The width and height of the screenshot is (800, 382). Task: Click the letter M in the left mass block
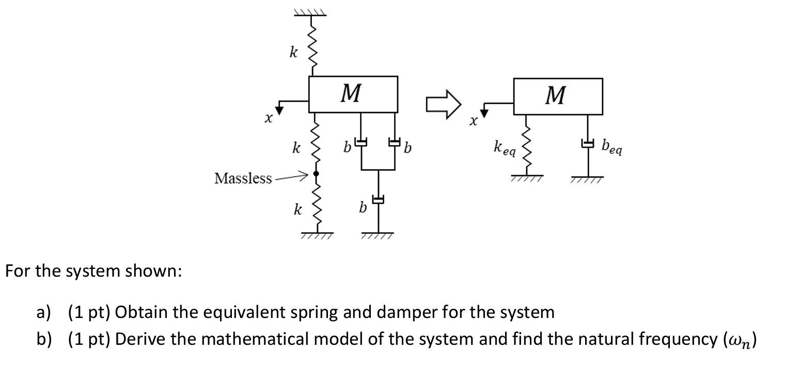(352, 94)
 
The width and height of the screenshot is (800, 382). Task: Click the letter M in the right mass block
(556, 95)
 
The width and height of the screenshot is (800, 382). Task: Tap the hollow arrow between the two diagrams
(443, 104)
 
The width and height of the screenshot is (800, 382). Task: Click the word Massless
(243, 179)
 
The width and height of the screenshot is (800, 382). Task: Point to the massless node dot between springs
(316, 174)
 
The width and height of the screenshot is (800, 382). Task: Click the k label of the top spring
(294, 53)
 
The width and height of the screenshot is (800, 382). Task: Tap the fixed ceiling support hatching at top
(310, 12)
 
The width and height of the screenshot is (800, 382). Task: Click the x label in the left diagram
(268, 119)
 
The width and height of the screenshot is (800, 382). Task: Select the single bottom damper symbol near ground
(380, 199)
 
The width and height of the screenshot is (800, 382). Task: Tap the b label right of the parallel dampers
(407, 149)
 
